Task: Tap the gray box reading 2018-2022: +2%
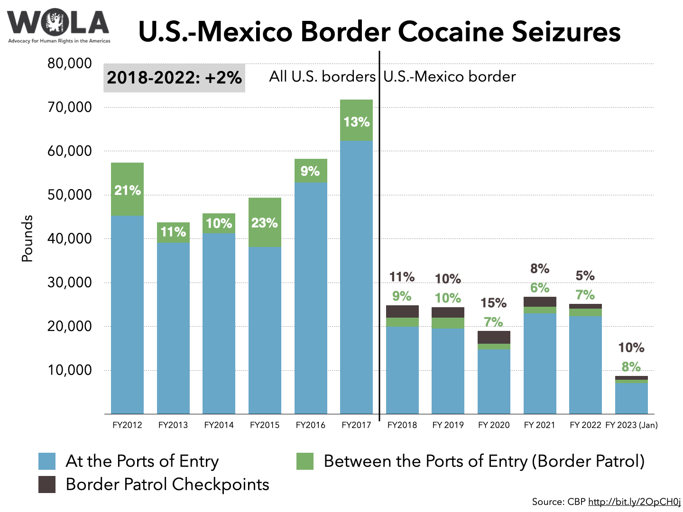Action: click(x=174, y=78)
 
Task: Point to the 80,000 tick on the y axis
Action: click(x=69, y=64)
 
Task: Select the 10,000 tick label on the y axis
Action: click(x=69, y=370)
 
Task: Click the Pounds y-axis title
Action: click(x=28, y=238)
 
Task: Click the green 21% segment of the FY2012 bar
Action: click(x=127, y=190)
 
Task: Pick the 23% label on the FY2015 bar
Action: click(x=264, y=223)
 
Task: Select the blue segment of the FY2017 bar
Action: click(x=356, y=277)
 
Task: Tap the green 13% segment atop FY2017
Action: click(x=356, y=121)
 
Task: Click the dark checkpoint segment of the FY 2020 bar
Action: click(x=494, y=337)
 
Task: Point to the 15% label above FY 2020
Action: click(x=493, y=303)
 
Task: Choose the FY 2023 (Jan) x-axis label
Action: click(x=631, y=425)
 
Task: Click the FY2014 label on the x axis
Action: click(x=219, y=425)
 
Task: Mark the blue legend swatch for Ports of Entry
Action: click(x=47, y=461)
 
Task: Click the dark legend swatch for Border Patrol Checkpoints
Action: click(x=47, y=485)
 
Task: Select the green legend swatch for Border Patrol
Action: click(x=305, y=461)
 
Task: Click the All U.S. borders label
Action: click(x=322, y=77)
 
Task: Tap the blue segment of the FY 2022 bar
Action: click(x=585, y=365)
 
